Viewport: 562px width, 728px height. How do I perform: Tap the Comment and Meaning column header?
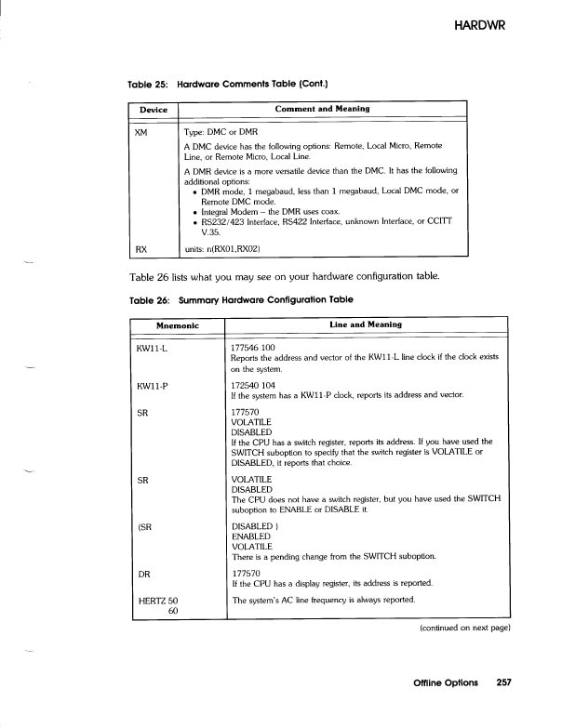pos(322,110)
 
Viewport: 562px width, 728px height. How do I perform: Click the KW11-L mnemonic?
pos(153,350)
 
